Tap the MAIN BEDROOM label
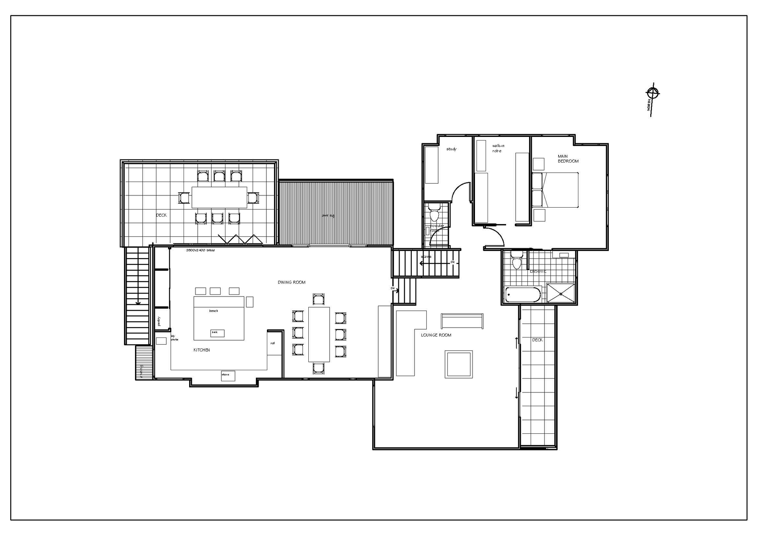(x=568, y=159)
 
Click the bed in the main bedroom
(x=555, y=190)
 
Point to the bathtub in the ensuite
(x=523, y=294)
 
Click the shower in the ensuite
(x=561, y=293)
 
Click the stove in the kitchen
(x=228, y=375)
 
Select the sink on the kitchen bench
(x=217, y=333)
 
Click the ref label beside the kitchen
(x=272, y=343)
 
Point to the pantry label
(x=159, y=321)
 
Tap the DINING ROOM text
(x=291, y=282)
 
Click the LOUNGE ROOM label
(x=436, y=335)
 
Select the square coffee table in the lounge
(x=458, y=364)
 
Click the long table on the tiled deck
(x=219, y=197)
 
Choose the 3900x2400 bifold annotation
(x=200, y=250)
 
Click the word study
(x=451, y=149)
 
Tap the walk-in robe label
(x=498, y=148)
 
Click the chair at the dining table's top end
(x=319, y=299)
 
